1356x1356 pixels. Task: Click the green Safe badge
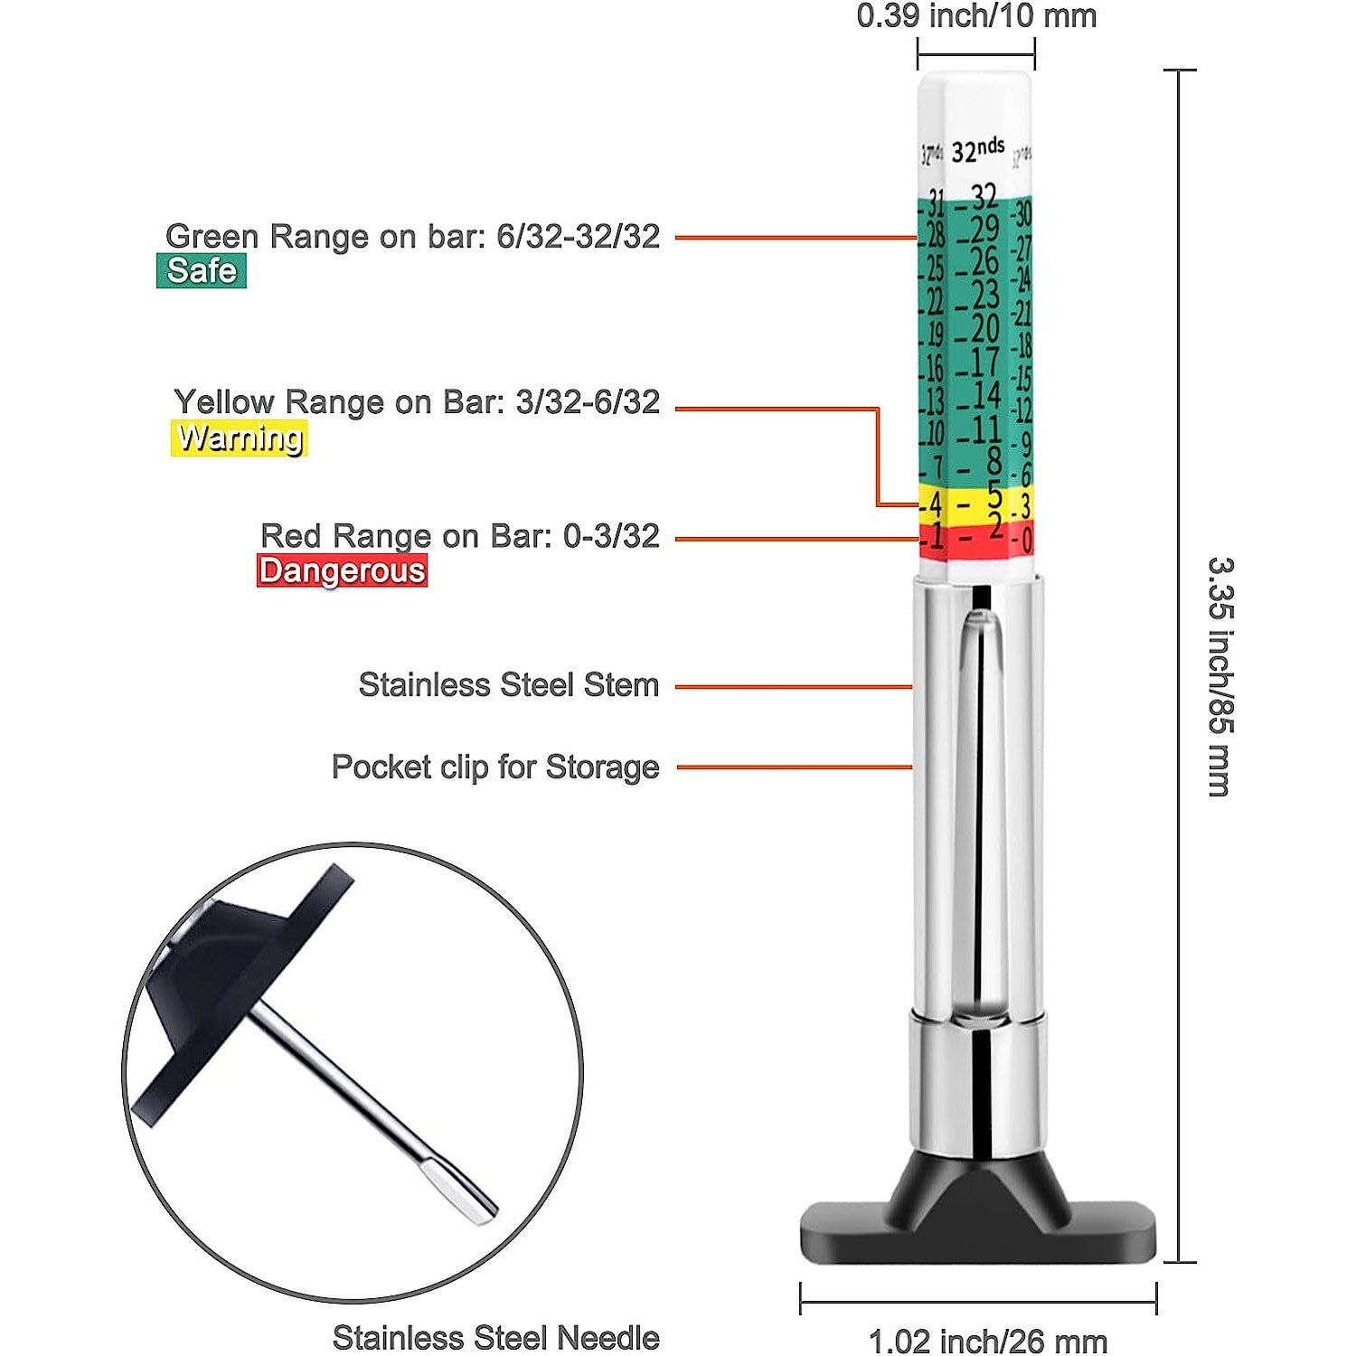(x=201, y=271)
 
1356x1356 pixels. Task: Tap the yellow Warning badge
(x=239, y=438)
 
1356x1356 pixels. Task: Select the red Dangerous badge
(x=342, y=571)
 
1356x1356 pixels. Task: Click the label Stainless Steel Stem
(x=508, y=685)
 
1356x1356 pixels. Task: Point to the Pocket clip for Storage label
(x=495, y=767)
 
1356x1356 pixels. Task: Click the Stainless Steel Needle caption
(x=495, y=1337)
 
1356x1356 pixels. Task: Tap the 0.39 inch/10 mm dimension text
(x=976, y=16)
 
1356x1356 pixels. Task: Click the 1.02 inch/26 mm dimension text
(x=987, y=1340)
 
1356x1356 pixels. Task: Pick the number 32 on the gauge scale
(x=984, y=195)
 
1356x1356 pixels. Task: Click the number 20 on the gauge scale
(x=984, y=328)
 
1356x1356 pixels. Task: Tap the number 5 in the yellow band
(x=994, y=495)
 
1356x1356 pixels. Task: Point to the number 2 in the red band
(x=995, y=526)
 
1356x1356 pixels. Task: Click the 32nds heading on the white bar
(x=978, y=150)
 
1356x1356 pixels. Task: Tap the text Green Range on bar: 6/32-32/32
(x=412, y=237)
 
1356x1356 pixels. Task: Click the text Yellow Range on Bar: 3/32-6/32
(x=417, y=402)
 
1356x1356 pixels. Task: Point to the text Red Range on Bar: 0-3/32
(x=459, y=536)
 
